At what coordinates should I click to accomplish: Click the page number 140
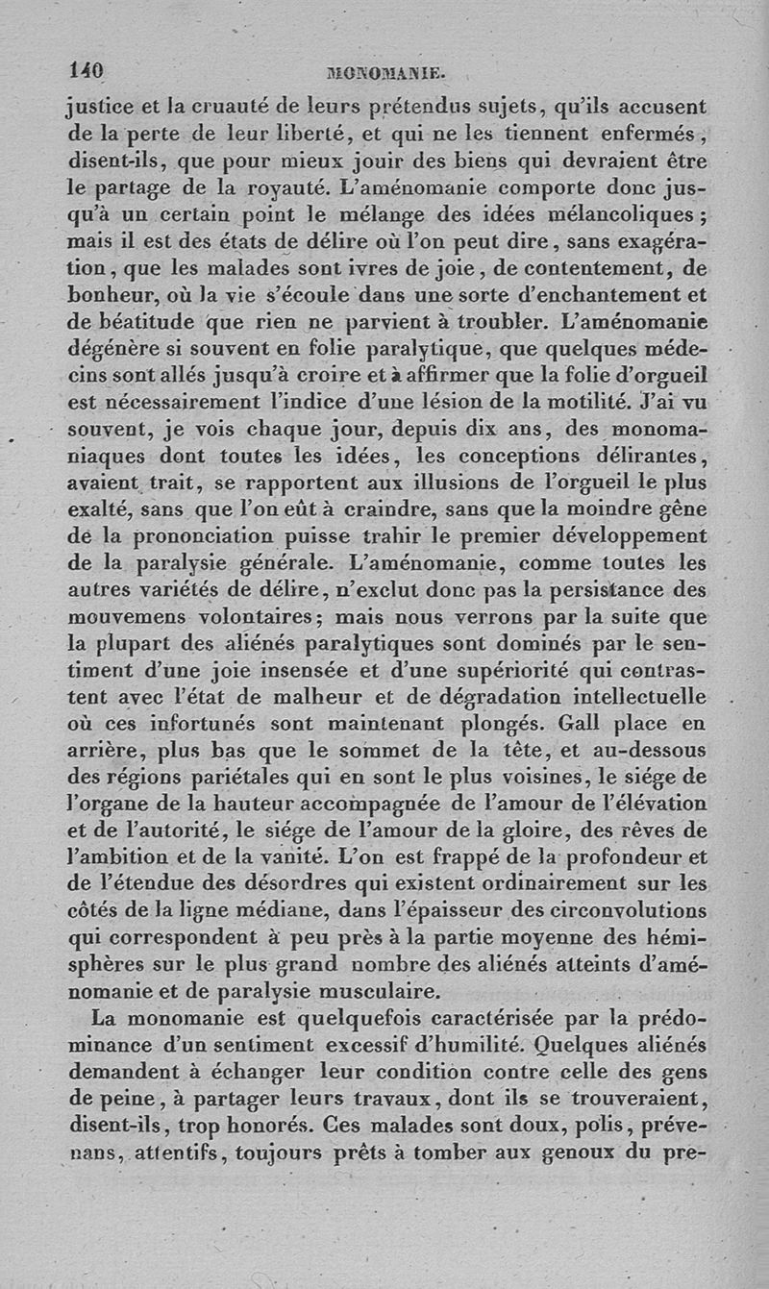[86, 70]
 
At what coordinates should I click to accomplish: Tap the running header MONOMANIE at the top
[384, 72]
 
